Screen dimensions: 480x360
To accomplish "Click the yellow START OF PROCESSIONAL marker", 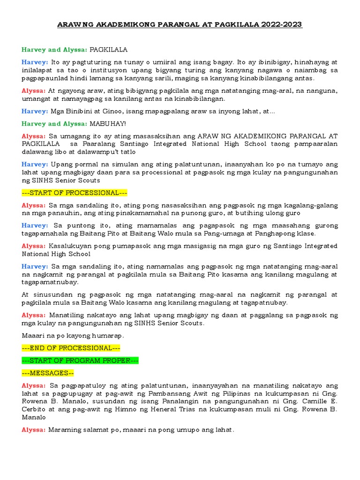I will [75, 193].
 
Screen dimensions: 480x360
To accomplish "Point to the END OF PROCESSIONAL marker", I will [71, 348].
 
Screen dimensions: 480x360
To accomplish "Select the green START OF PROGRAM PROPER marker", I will [80, 360].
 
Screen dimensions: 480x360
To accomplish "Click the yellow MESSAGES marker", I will [48, 373].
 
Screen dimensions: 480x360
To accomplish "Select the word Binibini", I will [81, 111].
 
